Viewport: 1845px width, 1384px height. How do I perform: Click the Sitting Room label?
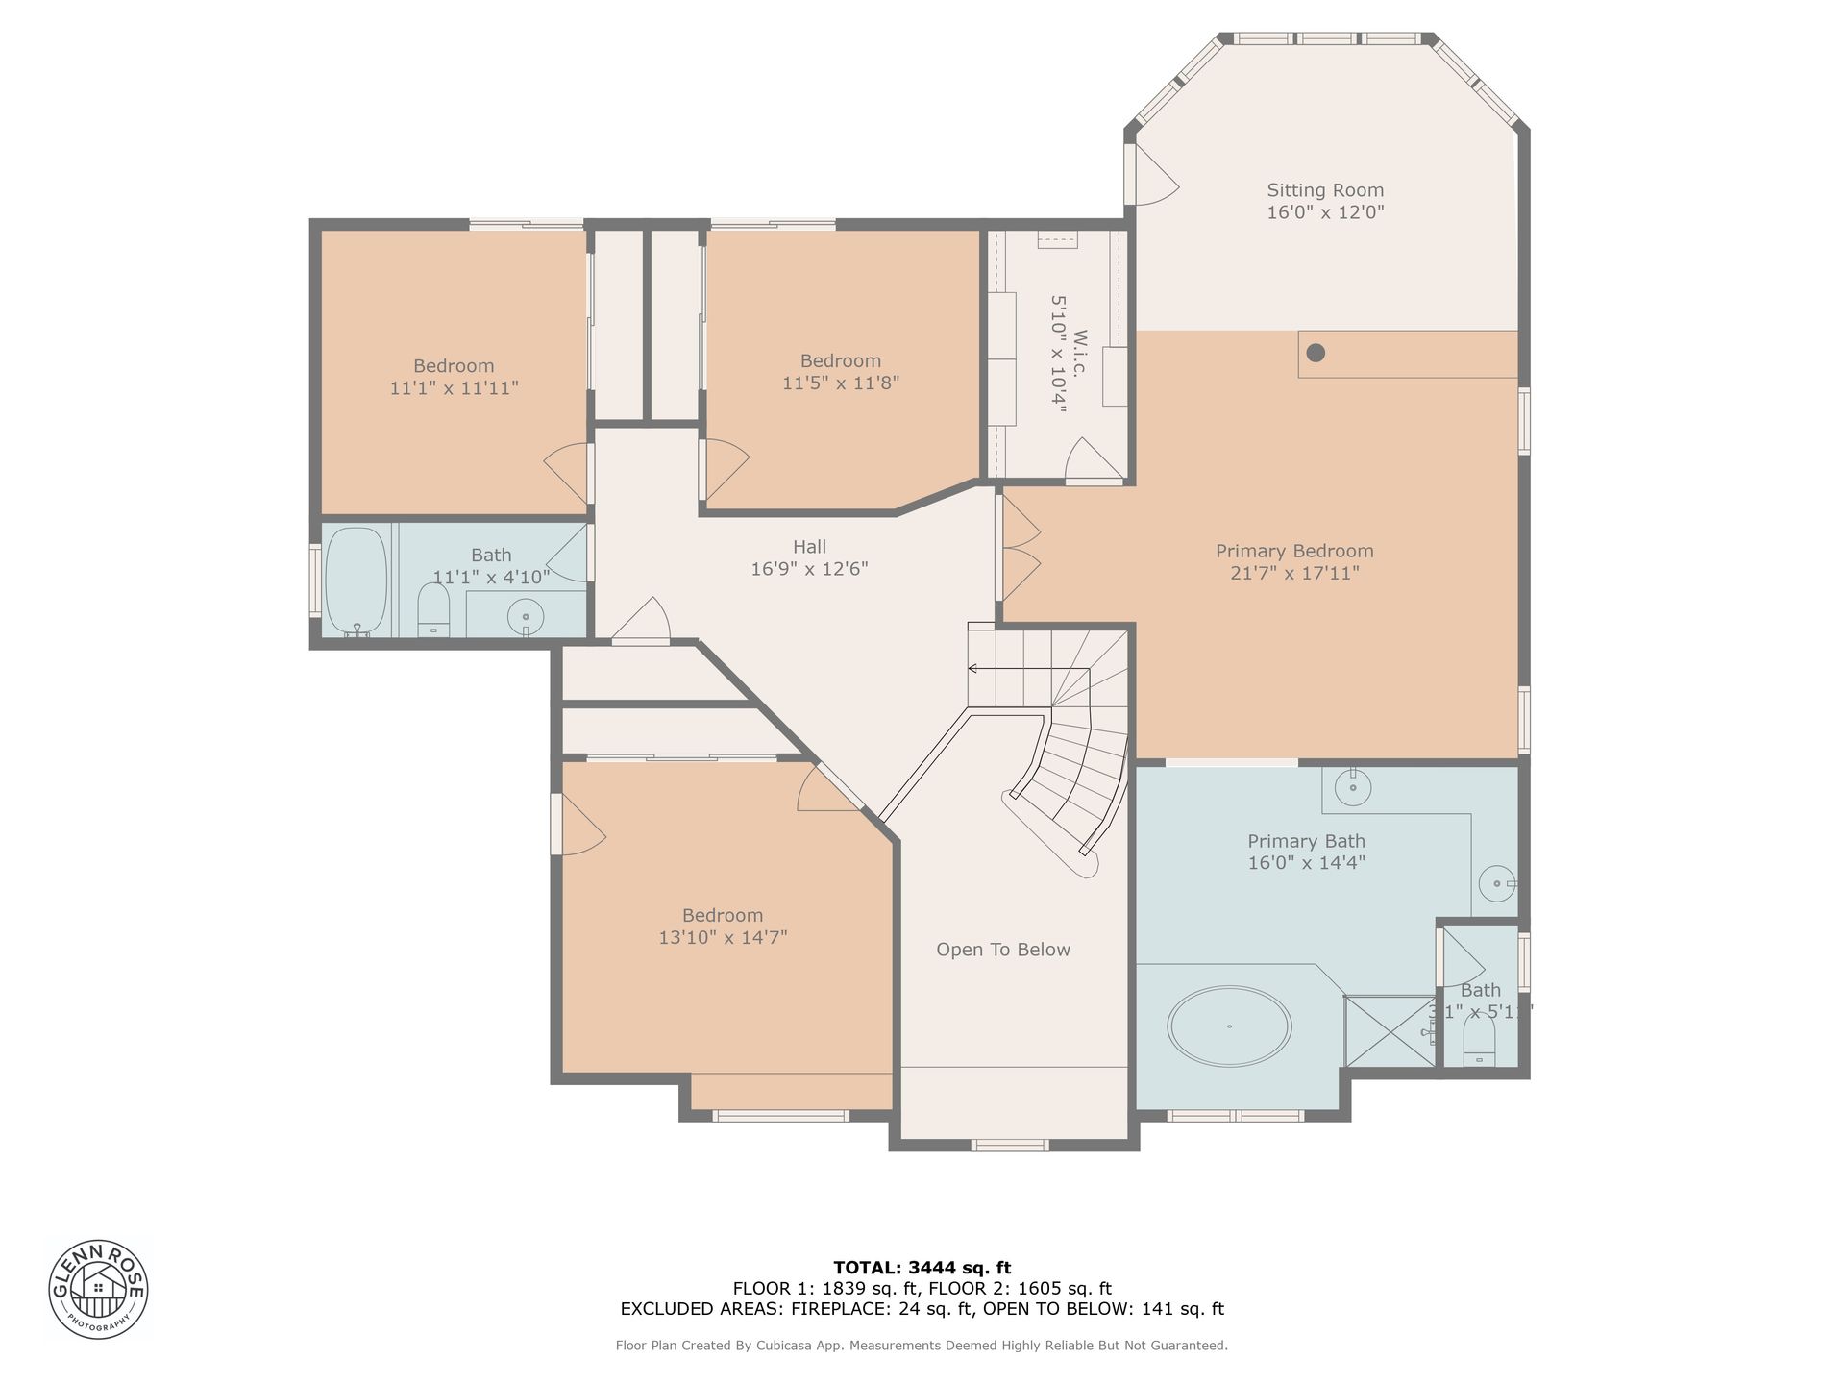(x=1325, y=190)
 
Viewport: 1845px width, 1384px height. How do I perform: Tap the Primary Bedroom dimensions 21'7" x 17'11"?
(x=1294, y=573)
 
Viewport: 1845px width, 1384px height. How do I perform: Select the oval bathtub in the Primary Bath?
(x=1229, y=1026)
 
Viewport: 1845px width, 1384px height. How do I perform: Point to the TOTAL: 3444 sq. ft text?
(x=922, y=1268)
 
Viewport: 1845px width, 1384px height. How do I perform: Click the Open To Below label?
(x=1003, y=950)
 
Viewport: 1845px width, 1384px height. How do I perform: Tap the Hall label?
(x=809, y=546)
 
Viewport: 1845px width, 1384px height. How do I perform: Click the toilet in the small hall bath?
(x=433, y=609)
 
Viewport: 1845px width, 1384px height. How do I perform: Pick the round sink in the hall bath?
(x=526, y=616)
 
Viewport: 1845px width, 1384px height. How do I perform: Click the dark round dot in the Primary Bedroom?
(x=1316, y=353)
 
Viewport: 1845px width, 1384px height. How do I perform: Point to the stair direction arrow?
(x=1028, y=669)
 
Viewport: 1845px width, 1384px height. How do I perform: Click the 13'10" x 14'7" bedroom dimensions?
(x=723, y=937)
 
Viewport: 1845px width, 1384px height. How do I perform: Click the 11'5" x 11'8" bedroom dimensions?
(x=841, y=383)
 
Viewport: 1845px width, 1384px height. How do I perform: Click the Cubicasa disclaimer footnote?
(x=922, y=1346)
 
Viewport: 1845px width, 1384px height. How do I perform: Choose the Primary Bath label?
(x=1306, y=841)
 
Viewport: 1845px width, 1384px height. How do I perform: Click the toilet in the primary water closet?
(x=1479, y=1042)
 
